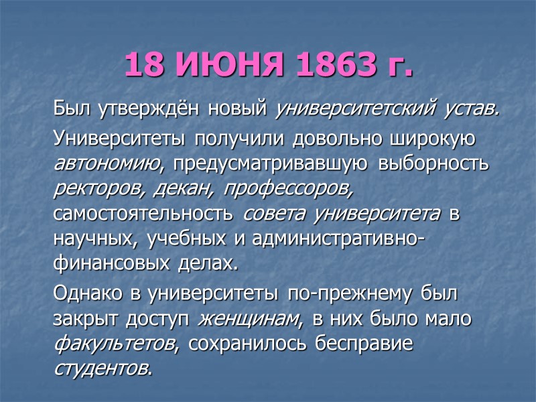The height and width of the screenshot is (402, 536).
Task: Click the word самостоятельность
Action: click(x=143, y=214)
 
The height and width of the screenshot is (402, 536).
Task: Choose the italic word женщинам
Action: click(x=251, y=320)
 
